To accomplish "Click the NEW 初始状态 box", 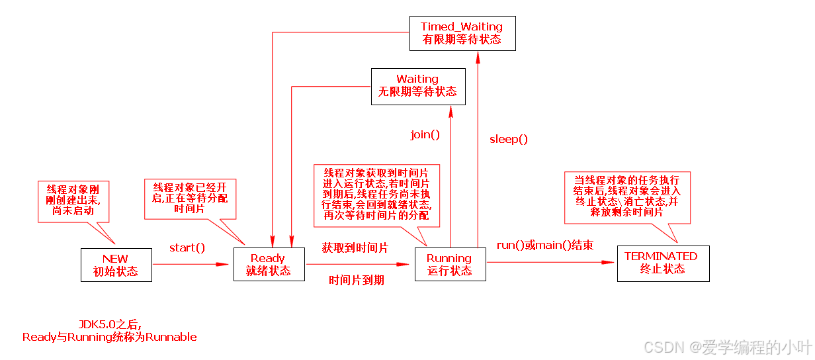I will point(116,265).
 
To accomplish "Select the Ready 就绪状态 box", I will point(269,265).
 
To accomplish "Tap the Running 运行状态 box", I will point(450,265).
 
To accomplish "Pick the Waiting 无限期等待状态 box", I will point(417,86).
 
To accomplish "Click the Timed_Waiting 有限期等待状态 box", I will point(462,33).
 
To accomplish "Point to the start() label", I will point(187,247).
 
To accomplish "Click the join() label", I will point(425,135).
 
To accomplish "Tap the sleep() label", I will point(509,139).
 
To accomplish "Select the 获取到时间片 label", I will point(355,247).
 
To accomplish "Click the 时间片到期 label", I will point(357,281).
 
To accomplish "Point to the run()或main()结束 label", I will point(545,245).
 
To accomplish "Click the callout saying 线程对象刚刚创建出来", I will point(73,201).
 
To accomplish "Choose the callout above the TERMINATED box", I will point(626,197).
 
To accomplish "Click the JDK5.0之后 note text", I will point(110,330).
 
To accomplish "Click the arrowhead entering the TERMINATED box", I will point(611,263).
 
